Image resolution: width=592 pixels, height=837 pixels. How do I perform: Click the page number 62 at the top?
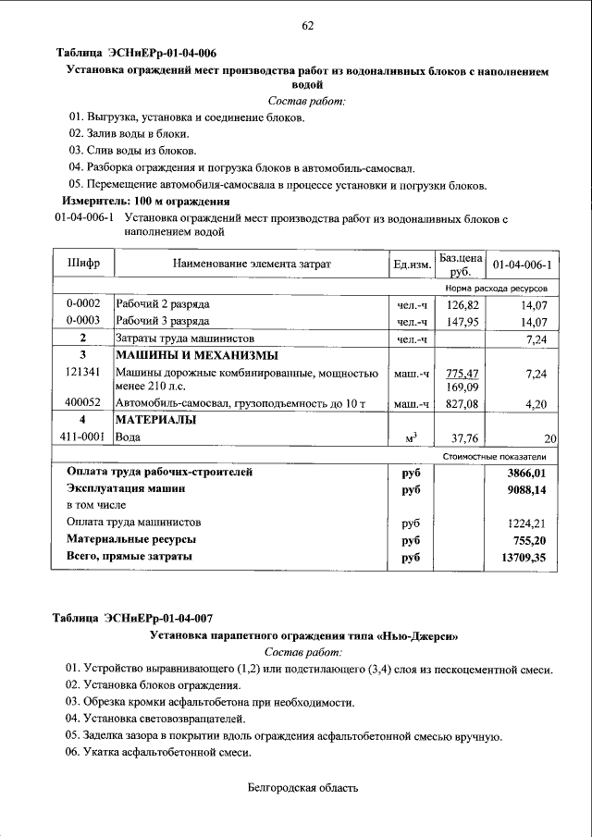coord(307,26)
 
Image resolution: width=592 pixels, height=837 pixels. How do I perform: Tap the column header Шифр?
coord(83,265)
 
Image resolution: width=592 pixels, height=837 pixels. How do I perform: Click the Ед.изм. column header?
coord(413,265)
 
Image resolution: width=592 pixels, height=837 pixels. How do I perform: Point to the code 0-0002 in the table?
coord(83,304)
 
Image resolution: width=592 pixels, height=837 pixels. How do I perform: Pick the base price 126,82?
coord(462,304)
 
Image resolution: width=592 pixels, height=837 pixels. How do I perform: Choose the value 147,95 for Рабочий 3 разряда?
coord(462,322)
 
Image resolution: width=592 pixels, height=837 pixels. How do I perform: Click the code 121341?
coord(83,372)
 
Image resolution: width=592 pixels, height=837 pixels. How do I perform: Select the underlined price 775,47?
coord(462,373)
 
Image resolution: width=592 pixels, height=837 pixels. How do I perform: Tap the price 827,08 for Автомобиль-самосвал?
coord(462,404)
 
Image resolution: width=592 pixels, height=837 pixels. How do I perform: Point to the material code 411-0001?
coord(83,438)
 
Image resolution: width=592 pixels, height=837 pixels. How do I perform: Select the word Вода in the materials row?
coord(129,438)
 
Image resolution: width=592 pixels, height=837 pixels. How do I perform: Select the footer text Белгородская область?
coord(302,788)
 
